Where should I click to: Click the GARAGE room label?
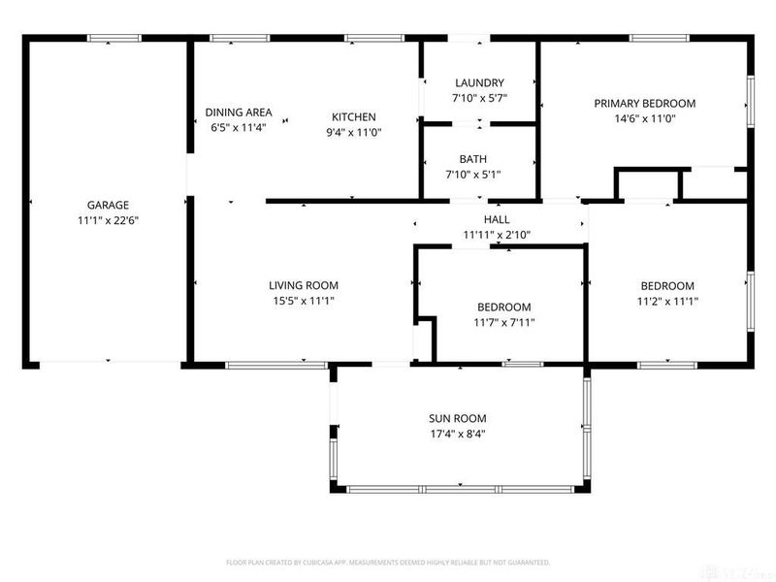pyautogui.click(x=108, y=205)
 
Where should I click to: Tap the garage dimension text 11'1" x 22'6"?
pyautogui.click(x=108, y=220)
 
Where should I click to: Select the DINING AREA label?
pyautogui.click(x=239, y=113)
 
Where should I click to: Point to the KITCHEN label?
pyautogui.click(x=354, y=117)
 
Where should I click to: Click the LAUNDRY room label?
pyautogui.click(x=479, y=82)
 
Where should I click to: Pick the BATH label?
pyautogui.click(x=473, y=159)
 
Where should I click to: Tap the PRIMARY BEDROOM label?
pyautogui.click(x=645, y=104)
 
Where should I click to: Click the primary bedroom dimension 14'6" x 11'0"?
pyautogui.click(x=645, y=118)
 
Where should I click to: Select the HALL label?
pyautogui.click(x=497, y=220)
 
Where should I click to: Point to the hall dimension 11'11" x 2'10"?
pyautogui.click(x=497, y=235)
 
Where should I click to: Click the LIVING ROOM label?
pyautogui.click(x=304, y=285)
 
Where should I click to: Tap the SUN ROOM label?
pyautogui.click(x=458, y=419)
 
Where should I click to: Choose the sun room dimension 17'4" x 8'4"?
pyautogui.click(x=458, y=434)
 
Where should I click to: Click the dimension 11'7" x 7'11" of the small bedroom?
pyautogui.click(x=504, y=323)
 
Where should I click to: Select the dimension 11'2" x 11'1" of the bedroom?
pyautogui.click(x=667, y=302)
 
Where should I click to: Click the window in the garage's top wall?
pyautogui.click(x=114, y=38)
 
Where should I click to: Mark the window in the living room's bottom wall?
pyautogui.click(x=276, y=366)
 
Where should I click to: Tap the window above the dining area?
pyautogui.click(x=240, y=38)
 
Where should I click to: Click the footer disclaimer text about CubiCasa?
pyautogui.click(x=388, y=563)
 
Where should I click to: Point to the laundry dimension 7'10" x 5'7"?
pyautogui.click(x=479, y=98)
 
